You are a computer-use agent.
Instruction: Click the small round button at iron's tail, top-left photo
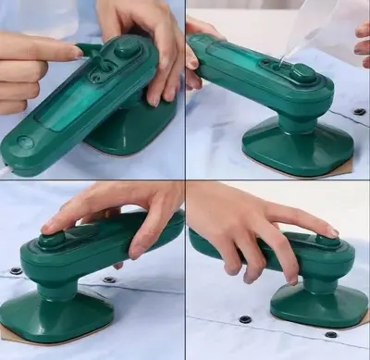click(x=25, y=143)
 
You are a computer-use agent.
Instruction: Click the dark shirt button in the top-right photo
click(x=359, y=112)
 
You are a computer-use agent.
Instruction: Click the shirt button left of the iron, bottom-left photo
click(x=16, y=271)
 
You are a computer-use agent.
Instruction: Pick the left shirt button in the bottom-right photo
click(x=245, y=319)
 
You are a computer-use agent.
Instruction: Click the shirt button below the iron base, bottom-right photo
click(x=330, y=334)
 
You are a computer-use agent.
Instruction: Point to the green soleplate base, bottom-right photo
click(x=314, y=304)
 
